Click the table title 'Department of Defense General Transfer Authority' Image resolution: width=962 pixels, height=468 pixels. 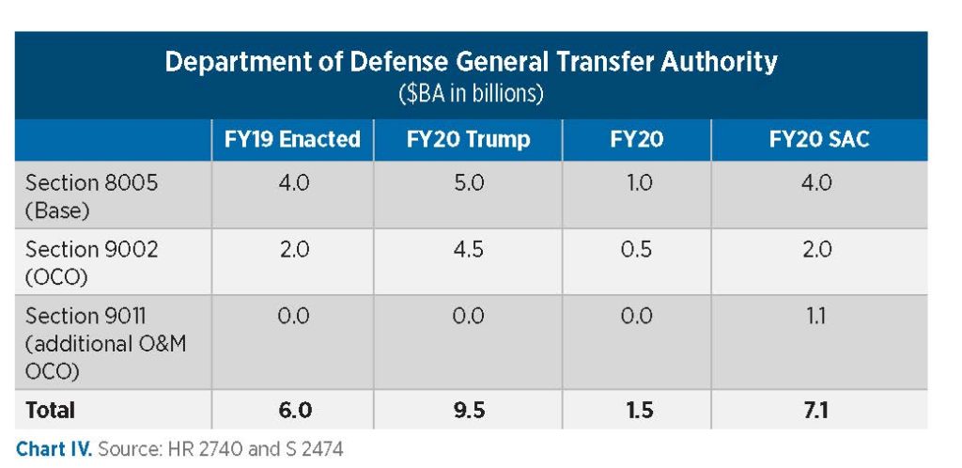pyautogui.click(x=471, y=62)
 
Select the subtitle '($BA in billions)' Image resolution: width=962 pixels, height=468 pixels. pyautogui.click(x=471, y=94)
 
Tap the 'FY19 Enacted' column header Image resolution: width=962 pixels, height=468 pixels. pyautogui.click(x=292, y=140)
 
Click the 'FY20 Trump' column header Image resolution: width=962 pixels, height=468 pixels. pyautogui.click(x=468, y=140)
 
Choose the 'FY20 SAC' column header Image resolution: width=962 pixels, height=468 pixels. pyautogui.click(x=819, y=140)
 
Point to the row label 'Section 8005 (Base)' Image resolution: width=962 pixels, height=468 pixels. pyautogui.click(x=91, y=195)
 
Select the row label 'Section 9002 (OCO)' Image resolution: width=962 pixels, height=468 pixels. pyautogui.click(x=91, y=261)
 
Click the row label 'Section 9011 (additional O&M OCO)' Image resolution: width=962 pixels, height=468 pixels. pyautogui.click(x=105, y=343)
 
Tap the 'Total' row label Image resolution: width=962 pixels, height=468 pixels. pyautogui.click(x=50, y=410)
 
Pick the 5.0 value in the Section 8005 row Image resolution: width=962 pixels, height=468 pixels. pyautogui.click(x=468, y=183)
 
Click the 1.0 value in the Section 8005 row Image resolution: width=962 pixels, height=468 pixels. pyautogui.click(x=638, y=183)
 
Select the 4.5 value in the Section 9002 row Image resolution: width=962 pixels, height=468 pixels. pyautogui.click(x=468, y=250)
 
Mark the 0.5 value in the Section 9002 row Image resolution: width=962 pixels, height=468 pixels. pyautogui.click(x=638, y=250)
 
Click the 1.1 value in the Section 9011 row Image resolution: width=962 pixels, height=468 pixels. pyautogui.click(x=819, y=317)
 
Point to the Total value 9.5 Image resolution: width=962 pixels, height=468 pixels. pyautogui.click(x=468, y=410)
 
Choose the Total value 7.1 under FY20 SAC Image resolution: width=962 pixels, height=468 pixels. pyautogui.click(x=819, y=410)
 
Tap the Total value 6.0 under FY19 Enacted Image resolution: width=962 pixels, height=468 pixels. pyautogui.click(x=292, y=410)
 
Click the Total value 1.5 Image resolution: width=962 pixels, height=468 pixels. pyautogui.click(x=638, y=410)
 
